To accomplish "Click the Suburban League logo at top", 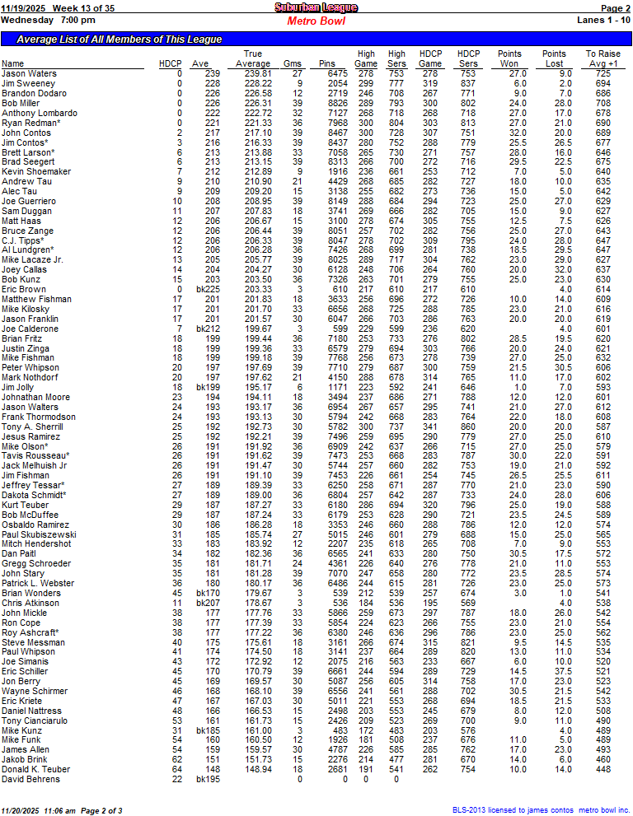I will (x=316, y=7).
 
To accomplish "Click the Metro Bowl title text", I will (x=316, y=21).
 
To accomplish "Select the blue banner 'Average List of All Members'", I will (x=120, y=39).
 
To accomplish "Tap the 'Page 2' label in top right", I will (x=617, y=7).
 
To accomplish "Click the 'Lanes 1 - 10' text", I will (x=604, y=19).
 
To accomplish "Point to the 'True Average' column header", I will (x=253, y=58).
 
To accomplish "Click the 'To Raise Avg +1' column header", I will (x=603, y=58).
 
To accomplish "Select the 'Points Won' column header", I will (x=510, y=58).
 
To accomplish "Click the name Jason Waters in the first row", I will (x=29, y=74).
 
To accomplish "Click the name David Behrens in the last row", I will (x=30, y=779).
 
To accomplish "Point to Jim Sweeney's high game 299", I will (x=366, y=83).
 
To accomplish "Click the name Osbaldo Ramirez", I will (x=35, y=524).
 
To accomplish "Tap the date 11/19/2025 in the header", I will (x=23, y=7).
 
